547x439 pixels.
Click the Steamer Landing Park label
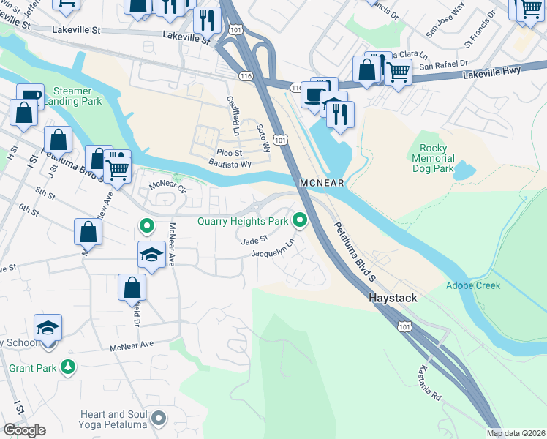coord(78,96)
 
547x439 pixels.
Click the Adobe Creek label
coord(473,285)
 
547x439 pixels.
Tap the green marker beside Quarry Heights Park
coord(299,219)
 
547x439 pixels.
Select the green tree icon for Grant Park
coord(67,365)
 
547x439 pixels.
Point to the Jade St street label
coord(255,239)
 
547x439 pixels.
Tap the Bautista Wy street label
coord(230,164)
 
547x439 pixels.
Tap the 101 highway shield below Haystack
coord(404,326)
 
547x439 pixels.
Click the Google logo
coord(24,429)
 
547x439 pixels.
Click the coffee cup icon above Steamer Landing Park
coord(30,96)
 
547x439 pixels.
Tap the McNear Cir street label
coord(167,186)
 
